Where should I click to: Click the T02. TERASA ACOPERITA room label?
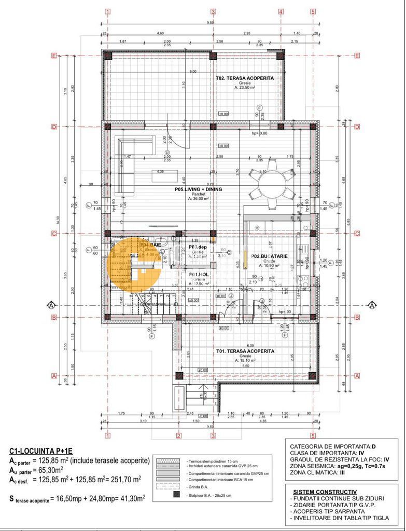click(x=245, y=78)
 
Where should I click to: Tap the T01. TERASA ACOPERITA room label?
click(x=245, y=351)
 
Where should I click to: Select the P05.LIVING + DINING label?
click(x=198, y=189)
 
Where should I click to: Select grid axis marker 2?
click(x=178, y=436)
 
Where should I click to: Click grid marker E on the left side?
click(x=53, y=56)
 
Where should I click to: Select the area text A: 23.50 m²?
click(x=245, y=88)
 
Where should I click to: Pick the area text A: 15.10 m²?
click(x=245, y=361)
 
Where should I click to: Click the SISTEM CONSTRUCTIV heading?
click(x=325, y=491)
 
